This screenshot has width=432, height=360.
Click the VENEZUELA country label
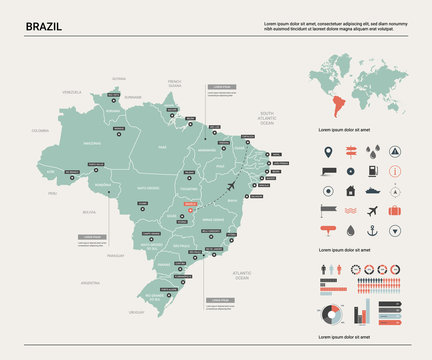(71, 92)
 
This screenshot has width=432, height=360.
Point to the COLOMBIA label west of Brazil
(40, 131)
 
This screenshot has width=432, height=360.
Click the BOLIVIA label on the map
(89, 212)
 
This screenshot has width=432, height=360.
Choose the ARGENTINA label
(91, 283)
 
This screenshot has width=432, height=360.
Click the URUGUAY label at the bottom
(137, 312)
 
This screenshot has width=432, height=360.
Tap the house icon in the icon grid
(350, 190)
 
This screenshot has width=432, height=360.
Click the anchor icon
(373, 231)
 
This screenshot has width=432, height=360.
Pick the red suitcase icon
(394, 210)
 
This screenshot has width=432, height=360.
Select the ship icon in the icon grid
(372, 190)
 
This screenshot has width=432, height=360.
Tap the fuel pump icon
(395, 190)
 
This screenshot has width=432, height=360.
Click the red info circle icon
(395, 171)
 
